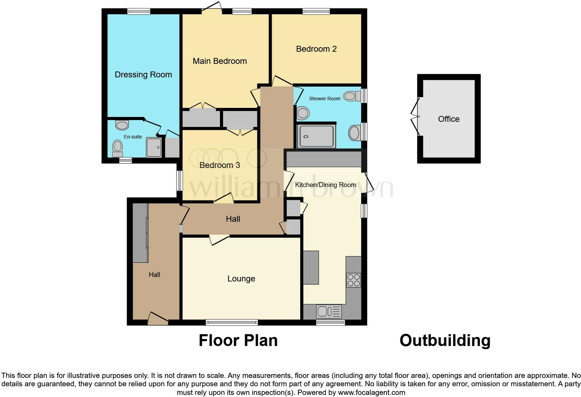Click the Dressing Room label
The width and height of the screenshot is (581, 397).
pos(143,75)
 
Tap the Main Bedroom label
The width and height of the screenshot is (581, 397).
pos(220,61)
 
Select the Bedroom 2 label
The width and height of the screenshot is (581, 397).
pos(316,49)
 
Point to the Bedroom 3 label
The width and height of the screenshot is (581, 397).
pos(220,165)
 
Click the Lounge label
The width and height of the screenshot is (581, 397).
pos(241,279)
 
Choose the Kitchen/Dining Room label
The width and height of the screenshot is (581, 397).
pos(326,185)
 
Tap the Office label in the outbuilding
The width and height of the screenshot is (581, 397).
pos(449,119)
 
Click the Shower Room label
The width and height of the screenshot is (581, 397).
pos(325,99)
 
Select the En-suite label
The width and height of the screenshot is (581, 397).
pos(133,137)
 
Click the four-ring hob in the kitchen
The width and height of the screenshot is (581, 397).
pos(353,280)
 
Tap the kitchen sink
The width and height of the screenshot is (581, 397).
pos(329,311)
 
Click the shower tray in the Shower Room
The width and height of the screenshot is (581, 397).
pos(316,136)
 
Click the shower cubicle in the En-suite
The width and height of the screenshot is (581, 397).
pos(154,147)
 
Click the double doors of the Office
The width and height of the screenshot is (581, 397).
pos(416,116)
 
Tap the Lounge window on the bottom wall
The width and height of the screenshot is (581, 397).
pos(232,322)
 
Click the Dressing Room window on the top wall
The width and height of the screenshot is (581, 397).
pos(139,11)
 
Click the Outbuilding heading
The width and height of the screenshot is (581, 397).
pos(445,340)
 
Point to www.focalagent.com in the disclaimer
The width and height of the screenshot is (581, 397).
pos(371,393)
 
